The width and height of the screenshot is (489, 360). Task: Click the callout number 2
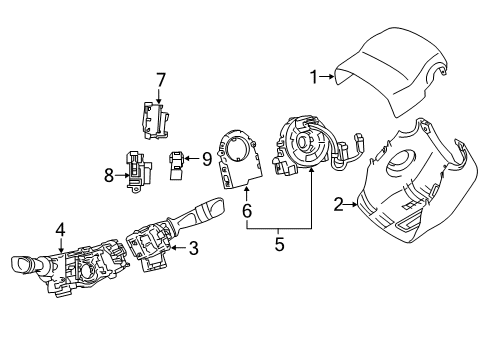[x=339, y=205]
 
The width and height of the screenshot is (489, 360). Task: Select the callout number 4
[x=60, y=229]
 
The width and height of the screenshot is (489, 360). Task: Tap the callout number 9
[x=206, y=157]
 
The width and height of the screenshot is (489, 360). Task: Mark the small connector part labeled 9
[x=179, y=163]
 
